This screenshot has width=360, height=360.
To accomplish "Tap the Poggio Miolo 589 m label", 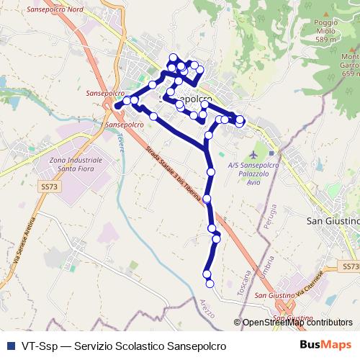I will (325, 31).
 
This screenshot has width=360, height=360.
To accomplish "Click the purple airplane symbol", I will (253, 154).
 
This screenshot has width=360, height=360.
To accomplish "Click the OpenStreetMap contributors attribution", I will (297, 323).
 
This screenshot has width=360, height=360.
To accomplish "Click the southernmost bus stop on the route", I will (208, 282).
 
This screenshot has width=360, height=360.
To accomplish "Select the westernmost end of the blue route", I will (116, 106).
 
